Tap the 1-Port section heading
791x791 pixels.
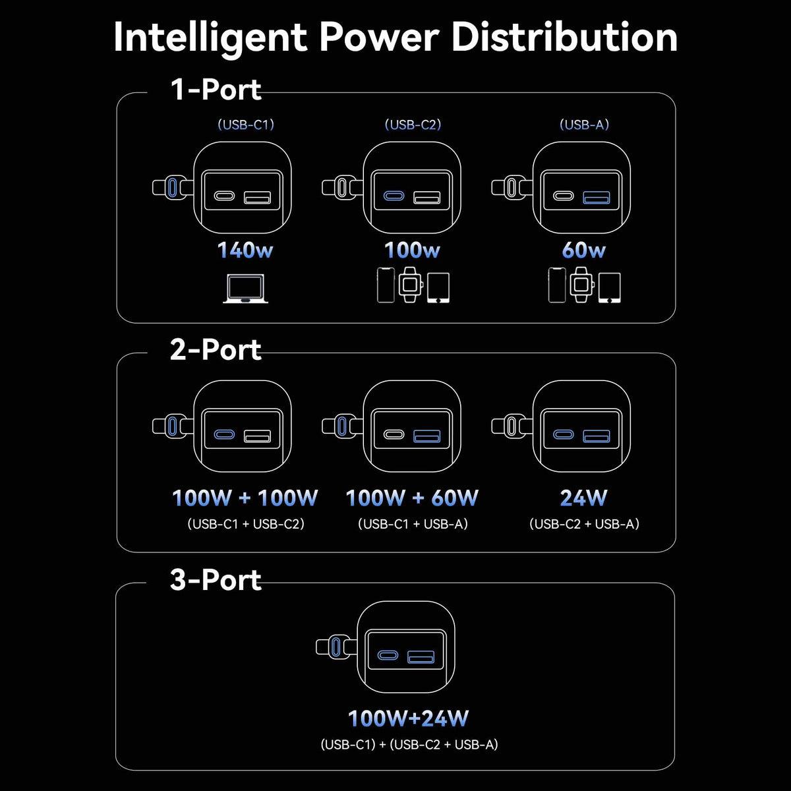click(216, 90)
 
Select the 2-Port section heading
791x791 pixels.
click(216, 349)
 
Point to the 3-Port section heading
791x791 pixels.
click(216, 579)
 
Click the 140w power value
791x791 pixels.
click(245, 250)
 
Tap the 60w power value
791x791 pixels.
click(583, 250)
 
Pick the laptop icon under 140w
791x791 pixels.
click(245, 289)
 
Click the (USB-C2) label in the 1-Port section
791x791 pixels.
click(413, 125)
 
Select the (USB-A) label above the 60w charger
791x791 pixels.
click(584, 125)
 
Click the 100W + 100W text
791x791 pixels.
click(245, 498)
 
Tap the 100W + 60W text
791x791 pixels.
click(413, 498)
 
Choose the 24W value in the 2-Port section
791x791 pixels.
click(583, 498)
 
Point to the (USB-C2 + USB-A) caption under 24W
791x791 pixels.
click(584, 524)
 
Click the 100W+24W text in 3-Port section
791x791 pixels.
click(409, 718)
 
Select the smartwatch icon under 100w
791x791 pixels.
click(410, 285)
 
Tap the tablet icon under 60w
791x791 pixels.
click(609, 288)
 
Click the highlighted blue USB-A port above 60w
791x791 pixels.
click(597, 196)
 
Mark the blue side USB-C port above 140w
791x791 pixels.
click(173, 187)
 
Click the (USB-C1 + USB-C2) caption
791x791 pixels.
click(246, 525)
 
